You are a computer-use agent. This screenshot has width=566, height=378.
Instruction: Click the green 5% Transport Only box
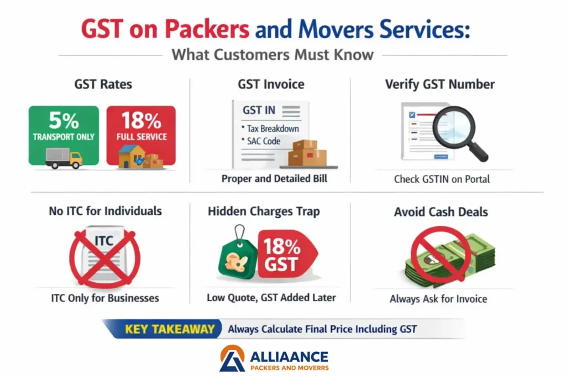[x=64, y=135]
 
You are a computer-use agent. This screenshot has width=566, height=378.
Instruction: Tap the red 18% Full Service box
[x=141, y=135]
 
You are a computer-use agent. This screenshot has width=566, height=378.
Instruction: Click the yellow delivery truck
[x=64, y=159]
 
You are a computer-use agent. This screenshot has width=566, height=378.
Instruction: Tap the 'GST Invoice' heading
[x=271, y=84]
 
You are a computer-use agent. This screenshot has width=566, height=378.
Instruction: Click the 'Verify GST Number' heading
[x=439, y=84]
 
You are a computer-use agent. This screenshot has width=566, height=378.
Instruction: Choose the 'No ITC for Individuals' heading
[x=106, y=211]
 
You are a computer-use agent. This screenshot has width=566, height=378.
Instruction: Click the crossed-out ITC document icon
[x=104, y=257]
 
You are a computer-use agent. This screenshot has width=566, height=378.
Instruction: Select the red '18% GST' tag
[x=287, y=253]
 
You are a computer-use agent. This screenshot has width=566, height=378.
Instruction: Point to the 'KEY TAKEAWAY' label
[x=170, y=329]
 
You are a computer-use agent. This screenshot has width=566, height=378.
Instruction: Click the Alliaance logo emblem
[x=232, y=358]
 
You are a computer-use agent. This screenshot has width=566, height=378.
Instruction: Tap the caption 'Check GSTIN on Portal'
[x=442, y=179]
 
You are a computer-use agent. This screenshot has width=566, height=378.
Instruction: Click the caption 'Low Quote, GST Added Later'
[x=271, y=297]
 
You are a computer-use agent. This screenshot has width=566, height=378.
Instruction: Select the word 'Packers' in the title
[x=207, y=29]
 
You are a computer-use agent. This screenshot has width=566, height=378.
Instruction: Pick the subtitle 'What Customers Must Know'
[x=272, y=55]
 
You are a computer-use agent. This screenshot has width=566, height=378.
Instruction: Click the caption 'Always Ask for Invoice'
[x=438, y=299]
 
